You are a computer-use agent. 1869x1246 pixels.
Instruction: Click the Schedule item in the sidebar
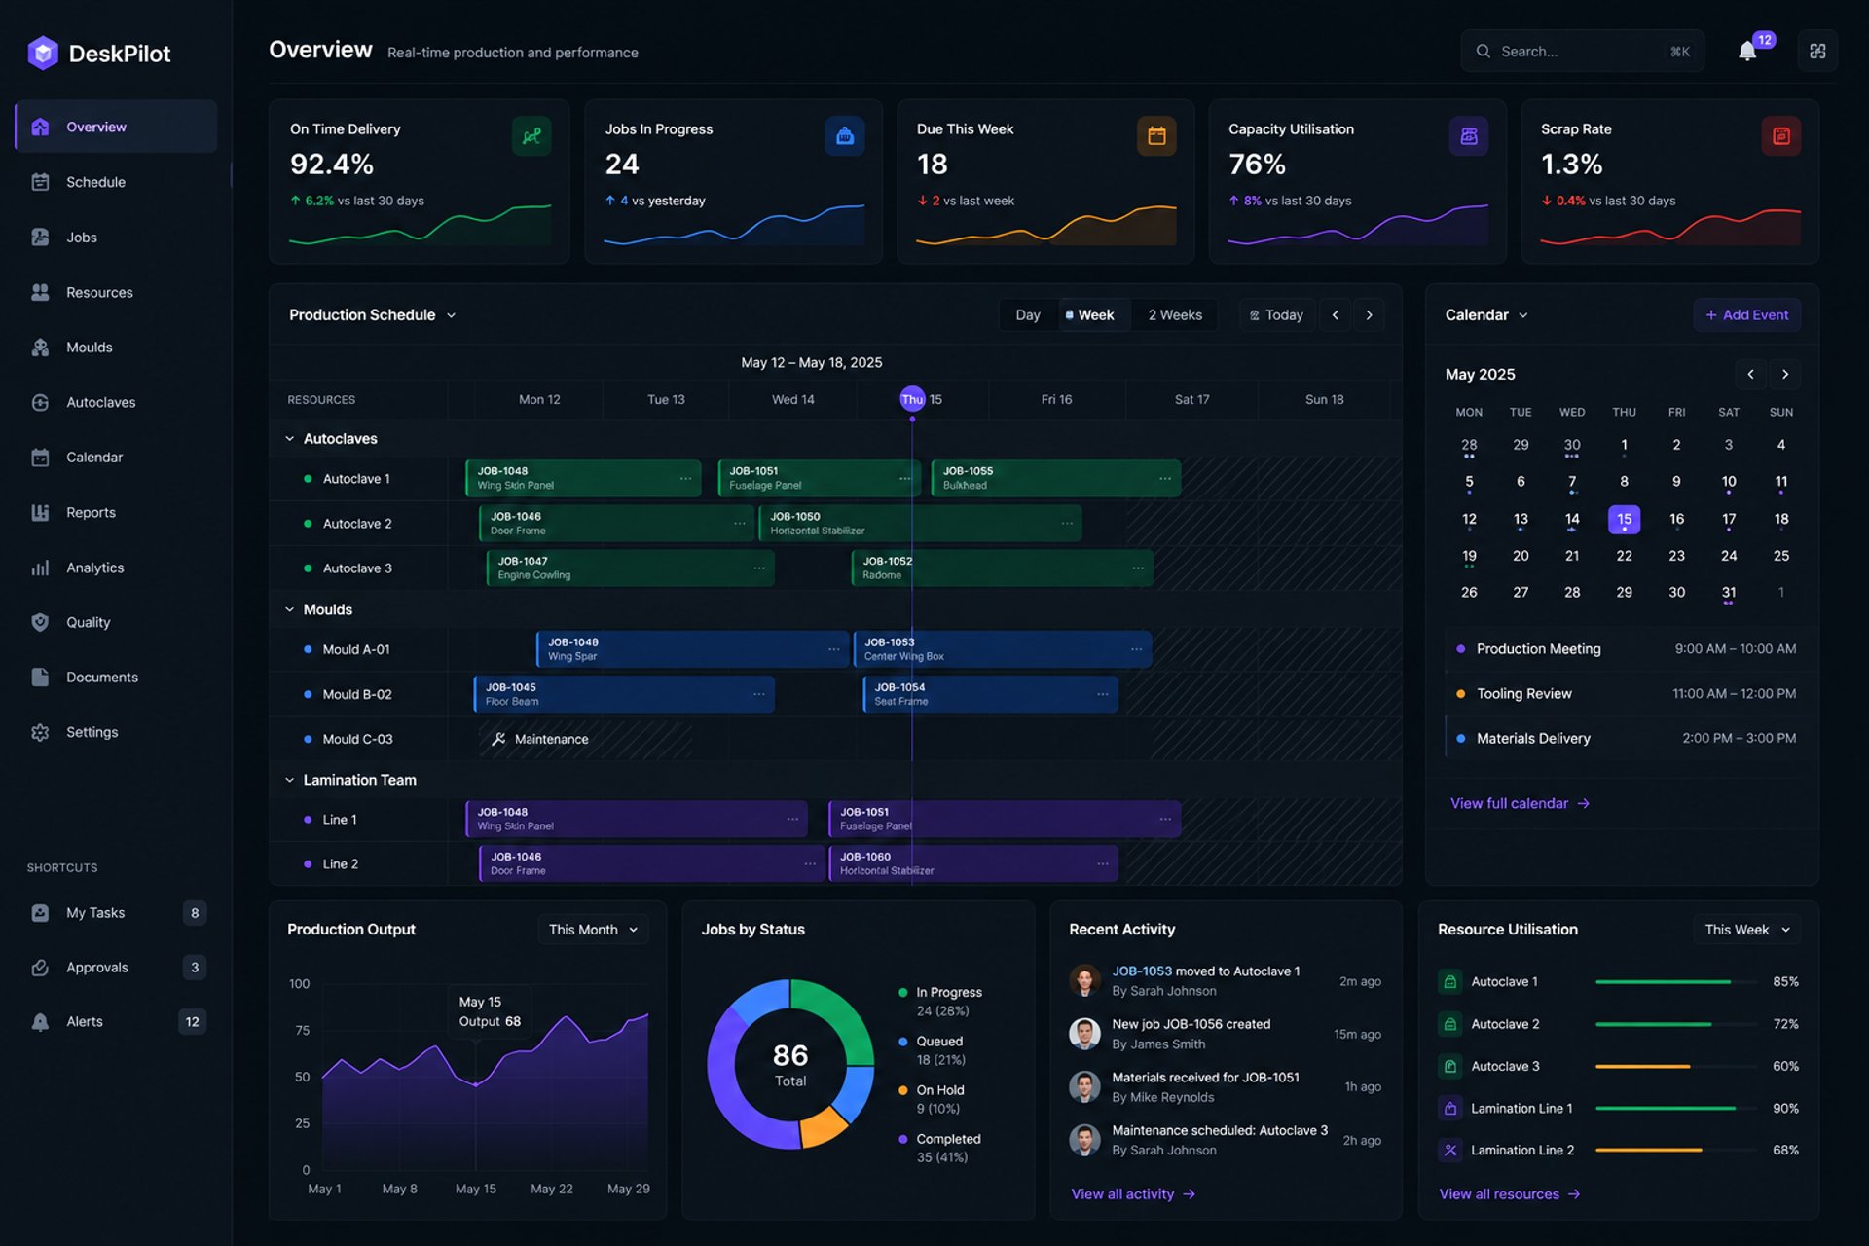click(95, 182)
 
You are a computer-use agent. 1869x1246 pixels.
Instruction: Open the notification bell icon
click(1747, 52)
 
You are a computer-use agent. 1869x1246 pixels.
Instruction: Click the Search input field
click(1582, 52)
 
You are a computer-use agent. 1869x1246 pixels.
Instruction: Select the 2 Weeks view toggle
click(1175, 315)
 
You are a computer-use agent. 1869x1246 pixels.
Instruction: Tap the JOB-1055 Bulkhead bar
click(1055, 478)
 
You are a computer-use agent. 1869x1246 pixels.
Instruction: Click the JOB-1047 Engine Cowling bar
click(630, 568)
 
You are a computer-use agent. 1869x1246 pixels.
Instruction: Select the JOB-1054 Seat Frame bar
click(990, 694)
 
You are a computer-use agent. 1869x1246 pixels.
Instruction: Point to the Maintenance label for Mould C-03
click(551, 739)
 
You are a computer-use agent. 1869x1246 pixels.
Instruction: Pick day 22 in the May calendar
click(1624, 556)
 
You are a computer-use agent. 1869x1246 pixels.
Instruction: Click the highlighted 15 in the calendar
click(1624, 519)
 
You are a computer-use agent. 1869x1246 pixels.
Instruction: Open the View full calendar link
click(1520, 803)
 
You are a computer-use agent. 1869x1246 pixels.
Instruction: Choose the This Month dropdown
click(593, 930)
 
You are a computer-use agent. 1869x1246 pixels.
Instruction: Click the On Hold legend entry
click(939, 1099)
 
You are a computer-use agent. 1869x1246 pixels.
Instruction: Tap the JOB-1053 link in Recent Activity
click(1142, 971)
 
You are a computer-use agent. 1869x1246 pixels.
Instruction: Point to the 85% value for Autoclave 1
click(1785, 982)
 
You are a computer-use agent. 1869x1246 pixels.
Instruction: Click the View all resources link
click(1509, 1194)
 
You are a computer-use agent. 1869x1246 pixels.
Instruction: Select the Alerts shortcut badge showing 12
click(193, 1022)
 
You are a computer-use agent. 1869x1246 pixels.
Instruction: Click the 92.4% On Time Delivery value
click(332, 165)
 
